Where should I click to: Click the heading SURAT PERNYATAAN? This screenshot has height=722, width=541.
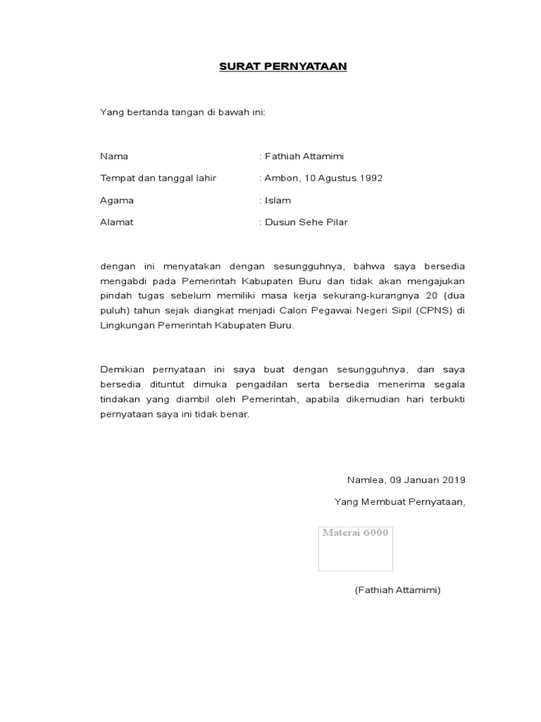tap(282, 66)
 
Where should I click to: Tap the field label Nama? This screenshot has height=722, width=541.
tap(114, 156)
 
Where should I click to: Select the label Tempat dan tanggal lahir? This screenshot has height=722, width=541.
tap(158, 178)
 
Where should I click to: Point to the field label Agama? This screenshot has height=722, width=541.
tap(117, 200)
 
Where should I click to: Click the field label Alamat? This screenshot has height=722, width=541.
tap(117, 222)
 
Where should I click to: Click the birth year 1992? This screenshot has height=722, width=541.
tap(371, 178)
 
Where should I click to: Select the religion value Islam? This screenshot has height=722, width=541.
tap(278, 200)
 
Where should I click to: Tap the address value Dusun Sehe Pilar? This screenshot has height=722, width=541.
tap(306, 222)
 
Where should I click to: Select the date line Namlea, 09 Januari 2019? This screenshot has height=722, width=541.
tap(406, 479)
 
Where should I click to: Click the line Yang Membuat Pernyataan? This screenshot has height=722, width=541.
tap(399, 502)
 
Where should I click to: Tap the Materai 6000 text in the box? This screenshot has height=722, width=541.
tap(355, 532)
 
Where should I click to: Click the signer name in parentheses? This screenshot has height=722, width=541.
tap(397, 590)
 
